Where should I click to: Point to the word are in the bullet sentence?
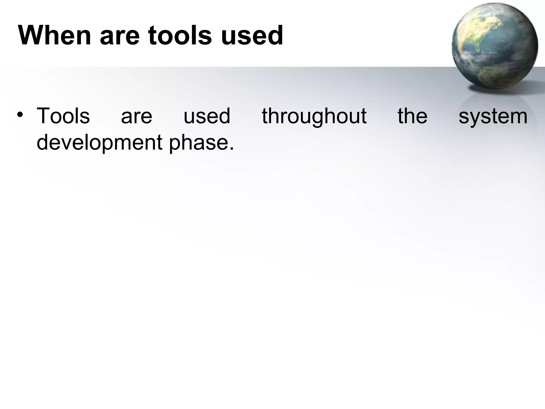pos(137,117)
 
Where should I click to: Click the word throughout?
pos(314,117)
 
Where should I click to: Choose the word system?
pos(493,117)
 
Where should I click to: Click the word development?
pos(99,142)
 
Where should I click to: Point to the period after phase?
pos(232,149)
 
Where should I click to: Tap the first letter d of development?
pos(42,142)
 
